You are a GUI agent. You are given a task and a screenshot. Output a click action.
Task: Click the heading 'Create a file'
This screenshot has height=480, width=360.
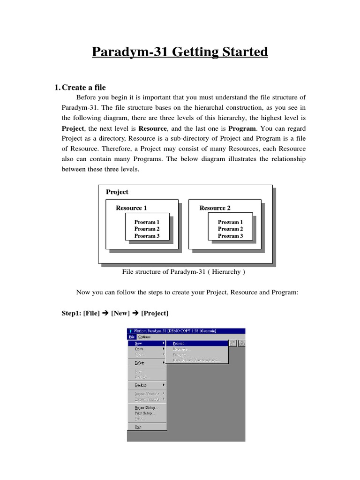[83, 87]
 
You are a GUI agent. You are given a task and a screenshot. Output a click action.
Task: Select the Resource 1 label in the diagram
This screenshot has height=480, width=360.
[131, 208]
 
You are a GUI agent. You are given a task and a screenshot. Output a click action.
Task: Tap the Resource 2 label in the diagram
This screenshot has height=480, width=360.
[215, 208]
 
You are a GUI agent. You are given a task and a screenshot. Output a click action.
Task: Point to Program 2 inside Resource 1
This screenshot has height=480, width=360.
[147, 229]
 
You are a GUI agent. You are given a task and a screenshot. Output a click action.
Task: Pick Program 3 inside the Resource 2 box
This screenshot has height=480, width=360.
[230, 236]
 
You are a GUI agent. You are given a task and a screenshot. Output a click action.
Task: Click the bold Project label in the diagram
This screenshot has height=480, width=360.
[117, 192]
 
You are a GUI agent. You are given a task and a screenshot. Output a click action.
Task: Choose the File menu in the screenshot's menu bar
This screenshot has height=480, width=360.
[131, 337]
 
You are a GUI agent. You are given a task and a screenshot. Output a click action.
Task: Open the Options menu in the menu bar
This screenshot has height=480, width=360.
[144, 337]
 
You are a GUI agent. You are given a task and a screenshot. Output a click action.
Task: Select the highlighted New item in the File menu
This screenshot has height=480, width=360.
[138, 343]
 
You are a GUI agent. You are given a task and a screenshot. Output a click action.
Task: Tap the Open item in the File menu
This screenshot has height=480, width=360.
[139, 349]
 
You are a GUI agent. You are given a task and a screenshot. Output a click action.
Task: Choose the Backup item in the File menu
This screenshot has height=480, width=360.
[141, 385]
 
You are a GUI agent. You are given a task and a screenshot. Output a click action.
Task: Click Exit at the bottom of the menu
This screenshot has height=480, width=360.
[138, 427]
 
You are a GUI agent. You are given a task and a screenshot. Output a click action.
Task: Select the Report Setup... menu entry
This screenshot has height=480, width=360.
[146, 408]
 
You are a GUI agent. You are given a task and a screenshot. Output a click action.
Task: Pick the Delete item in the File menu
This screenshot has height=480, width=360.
[140, 363]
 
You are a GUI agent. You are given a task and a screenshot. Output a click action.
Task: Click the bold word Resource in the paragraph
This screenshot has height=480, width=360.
[153, 127]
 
